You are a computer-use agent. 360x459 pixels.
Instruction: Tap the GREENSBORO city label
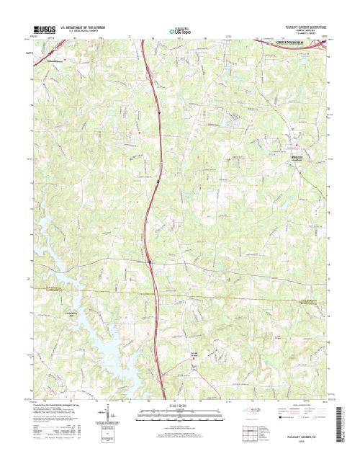[295, 44]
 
